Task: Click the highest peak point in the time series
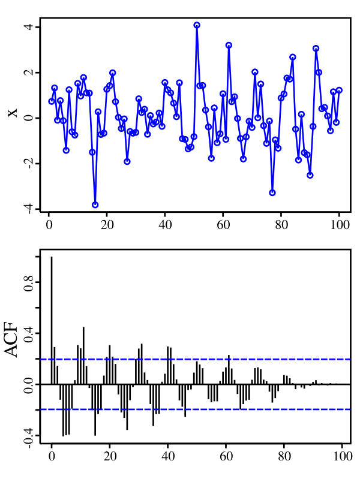(197, 25)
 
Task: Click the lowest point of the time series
(95, 204)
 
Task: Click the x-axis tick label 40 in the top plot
(164, 226)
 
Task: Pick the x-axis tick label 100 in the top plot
(339, 226)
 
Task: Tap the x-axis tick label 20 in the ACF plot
(110, 455)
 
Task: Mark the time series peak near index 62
(229, 45)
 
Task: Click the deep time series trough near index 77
(272, 192)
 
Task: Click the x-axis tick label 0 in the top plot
(49, 226)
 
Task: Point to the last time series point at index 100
(339, 90)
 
